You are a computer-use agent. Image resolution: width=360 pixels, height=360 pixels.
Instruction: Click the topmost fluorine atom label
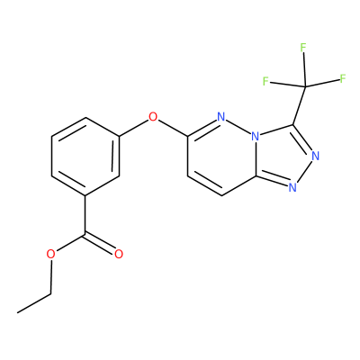tap(303, 48)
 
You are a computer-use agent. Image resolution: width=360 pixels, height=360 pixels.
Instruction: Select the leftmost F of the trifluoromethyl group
tap(265, 81)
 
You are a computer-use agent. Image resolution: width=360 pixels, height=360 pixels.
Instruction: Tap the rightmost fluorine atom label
tap(343, 78)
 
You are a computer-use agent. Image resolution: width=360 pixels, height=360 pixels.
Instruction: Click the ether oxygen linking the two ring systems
tap(153, 117)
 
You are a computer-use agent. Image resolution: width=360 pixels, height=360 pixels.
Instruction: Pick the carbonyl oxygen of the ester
tap(119, 254)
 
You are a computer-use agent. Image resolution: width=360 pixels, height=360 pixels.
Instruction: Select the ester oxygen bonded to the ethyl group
tap(51, 255)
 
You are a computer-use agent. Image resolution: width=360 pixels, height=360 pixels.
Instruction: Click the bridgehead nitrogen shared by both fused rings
tap(256, 137)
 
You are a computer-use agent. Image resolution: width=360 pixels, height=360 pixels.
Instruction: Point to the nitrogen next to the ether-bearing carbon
tap(221, 117)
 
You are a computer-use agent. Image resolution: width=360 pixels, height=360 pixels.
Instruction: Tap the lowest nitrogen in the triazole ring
tap(292, 188)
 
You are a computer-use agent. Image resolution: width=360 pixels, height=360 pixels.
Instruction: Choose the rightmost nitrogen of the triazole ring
tap(315, 157)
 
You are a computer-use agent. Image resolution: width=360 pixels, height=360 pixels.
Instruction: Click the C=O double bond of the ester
tap(100, 242)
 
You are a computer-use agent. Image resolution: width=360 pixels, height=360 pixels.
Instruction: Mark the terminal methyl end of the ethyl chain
tap(17, 313)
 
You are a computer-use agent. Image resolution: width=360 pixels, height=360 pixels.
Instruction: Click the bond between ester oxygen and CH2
tap(51, 276)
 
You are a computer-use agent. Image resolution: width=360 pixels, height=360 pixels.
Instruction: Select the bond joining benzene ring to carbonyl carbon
tap(85, 215)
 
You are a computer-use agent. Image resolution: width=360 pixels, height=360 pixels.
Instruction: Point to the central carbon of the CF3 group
tap(305, 87)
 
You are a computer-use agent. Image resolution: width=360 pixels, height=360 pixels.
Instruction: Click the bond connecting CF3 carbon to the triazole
tap(300, 105)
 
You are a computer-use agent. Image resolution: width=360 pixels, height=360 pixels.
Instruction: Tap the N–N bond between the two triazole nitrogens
tap(305, 171)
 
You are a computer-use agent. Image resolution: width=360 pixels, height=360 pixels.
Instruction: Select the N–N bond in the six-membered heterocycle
tap(238, 127)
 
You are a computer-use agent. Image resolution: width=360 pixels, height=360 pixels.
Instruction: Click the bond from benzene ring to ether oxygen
tap(134, 128)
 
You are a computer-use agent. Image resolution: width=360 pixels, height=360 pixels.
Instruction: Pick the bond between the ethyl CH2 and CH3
tap(34, 303)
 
